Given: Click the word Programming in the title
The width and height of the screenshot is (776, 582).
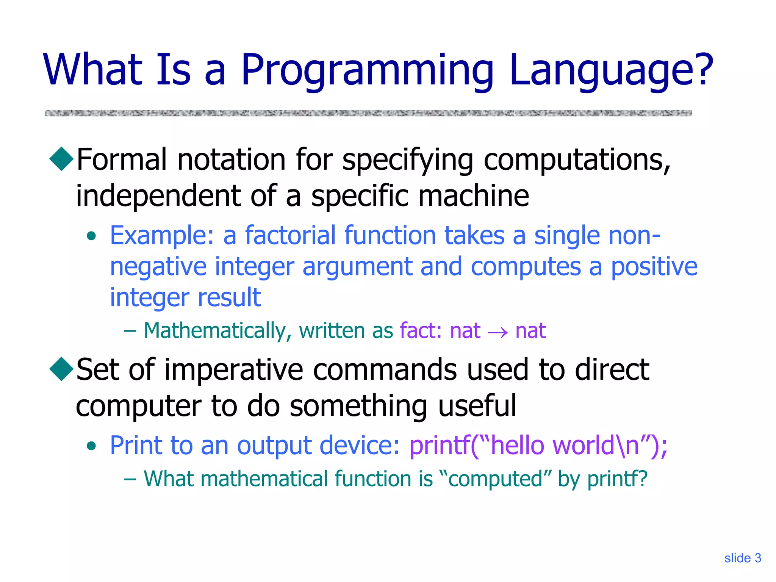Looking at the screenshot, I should (367, 71).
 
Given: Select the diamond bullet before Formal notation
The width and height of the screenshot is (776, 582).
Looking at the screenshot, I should (61, 159).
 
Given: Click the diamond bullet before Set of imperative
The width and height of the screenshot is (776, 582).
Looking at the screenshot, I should (61, 369).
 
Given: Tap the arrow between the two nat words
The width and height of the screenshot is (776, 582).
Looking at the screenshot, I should (498, 332).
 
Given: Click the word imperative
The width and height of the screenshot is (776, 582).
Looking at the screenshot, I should (234, 370).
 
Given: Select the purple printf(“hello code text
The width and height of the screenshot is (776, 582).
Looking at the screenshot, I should (479, 446).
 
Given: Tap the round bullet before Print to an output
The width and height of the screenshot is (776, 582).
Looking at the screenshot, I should (91, 446).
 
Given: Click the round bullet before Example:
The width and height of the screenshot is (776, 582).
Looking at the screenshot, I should (91, 236).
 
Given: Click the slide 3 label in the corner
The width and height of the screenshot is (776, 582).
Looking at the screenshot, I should (742, 558).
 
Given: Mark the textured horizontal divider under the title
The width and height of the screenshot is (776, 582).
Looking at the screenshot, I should (368, 113).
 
